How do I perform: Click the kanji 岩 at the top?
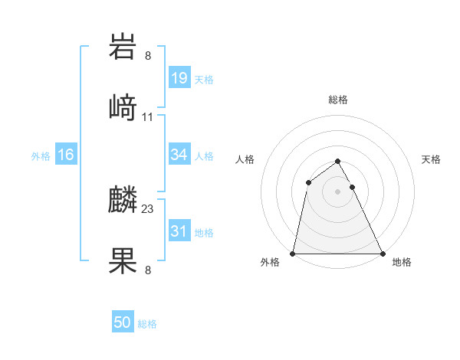123,48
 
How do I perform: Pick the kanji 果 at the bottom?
123,260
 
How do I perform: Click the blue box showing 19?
179,78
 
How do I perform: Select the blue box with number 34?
179,155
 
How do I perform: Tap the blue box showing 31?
179,231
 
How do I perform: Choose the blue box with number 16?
65,155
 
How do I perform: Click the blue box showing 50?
123,322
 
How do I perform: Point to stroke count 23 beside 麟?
148,209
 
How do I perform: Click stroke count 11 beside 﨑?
148,117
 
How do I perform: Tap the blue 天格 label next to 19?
204,79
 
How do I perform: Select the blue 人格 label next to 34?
204,155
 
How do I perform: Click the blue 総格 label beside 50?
147,323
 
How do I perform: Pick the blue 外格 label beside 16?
41,155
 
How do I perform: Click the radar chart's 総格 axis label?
337,100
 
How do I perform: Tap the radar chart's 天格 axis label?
431,159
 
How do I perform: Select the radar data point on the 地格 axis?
382,253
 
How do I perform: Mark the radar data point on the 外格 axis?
293,253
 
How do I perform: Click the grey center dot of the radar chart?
337,191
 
